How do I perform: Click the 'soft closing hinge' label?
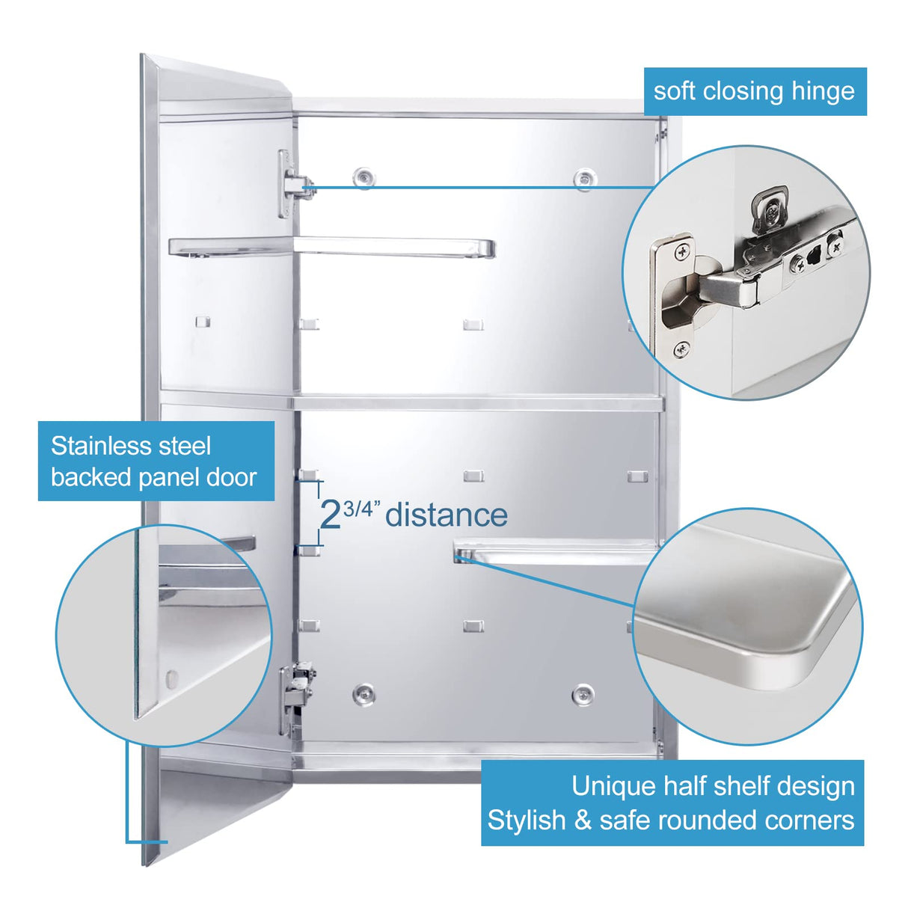pyautogui.click(x=754, y=91)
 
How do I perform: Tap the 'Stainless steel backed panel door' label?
pyautogui.click(x=156, y=461)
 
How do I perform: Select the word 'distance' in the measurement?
pyautogui.click(x=447, y=515)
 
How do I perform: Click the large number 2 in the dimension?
pyautogui.click(x=330, y=515)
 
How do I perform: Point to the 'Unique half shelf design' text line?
pyautogui.click(x=712, y=786)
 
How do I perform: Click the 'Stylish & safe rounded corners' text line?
pyautogui.click(x=671, y=820)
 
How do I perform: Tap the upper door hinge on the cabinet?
pyautogui.click(x=293, y=184)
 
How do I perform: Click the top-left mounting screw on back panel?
pyautogui.click(x=364, y=177)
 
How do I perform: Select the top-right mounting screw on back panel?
pyautogui.click(x=583, y=178)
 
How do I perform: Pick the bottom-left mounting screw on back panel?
pyautogui.click(x=363, y=693)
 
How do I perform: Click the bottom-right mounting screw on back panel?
pyautogui.click(x=583, y=694)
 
